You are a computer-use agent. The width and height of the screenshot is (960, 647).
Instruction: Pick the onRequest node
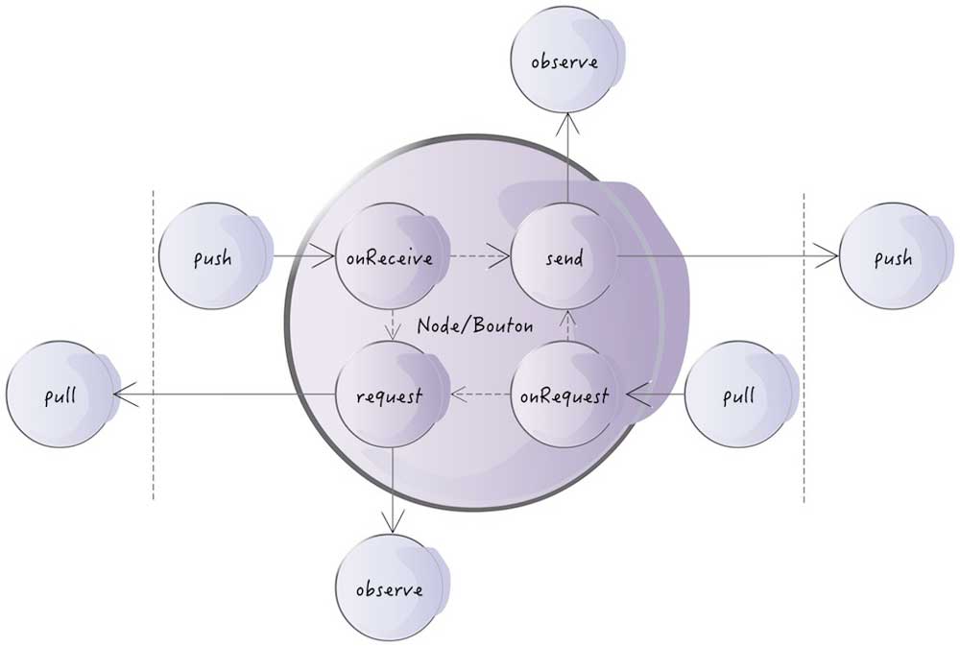pos(565,395)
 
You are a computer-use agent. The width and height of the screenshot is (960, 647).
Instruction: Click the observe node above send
pos(565,63)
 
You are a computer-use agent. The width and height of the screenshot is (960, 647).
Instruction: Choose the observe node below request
pos(391,587)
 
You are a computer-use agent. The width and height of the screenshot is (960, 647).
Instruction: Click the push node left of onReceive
pos(212,257)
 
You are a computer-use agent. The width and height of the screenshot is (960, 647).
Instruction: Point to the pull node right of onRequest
pos(739,395)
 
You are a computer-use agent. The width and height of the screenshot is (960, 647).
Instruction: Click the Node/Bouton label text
pos(475,326)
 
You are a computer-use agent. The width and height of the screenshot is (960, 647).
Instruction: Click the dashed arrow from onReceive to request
pos(391,326)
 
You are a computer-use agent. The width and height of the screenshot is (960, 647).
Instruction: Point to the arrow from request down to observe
pos(391,490)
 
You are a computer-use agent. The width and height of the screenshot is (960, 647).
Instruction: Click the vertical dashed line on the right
pos(803,346)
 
